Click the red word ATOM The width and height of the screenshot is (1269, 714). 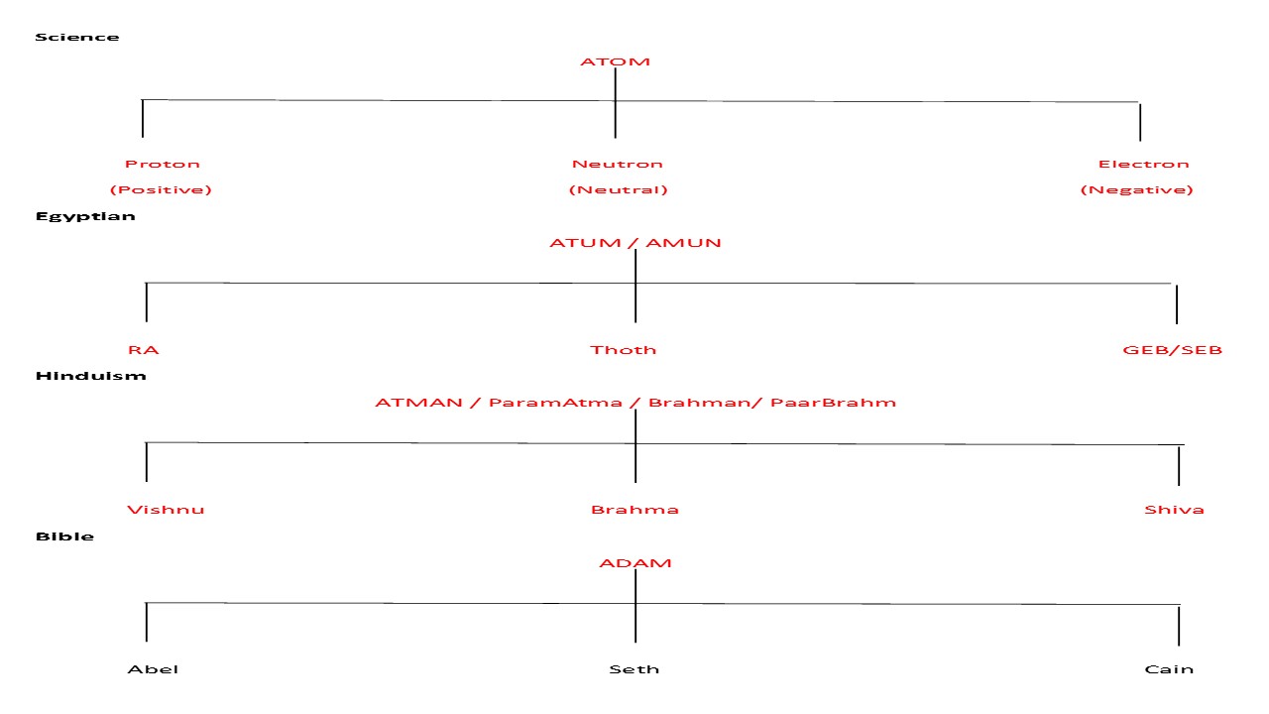point(615,61)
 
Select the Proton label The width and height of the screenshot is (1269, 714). point(162,164)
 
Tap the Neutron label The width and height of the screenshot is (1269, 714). point(617,164)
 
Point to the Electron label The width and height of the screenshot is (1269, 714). point(1142,164)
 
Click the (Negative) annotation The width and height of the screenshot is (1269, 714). point(1136,189)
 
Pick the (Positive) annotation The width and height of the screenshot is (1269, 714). point(161,189)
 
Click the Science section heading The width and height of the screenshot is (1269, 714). point(76,38)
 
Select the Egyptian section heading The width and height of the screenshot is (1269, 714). point(85,216)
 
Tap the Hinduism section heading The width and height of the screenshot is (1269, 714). point(90,376)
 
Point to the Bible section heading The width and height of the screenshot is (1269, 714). point(64,536)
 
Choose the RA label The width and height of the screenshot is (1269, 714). point(143,350)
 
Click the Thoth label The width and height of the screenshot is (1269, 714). point(623,350)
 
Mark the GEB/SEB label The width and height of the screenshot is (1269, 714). point(1172,350)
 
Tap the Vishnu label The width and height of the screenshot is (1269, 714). point(166,510)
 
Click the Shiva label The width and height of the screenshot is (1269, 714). point(1174,510)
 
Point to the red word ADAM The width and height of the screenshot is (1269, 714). point(634,563)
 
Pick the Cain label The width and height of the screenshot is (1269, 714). point(1169,669)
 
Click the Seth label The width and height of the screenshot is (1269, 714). point(634,669)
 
